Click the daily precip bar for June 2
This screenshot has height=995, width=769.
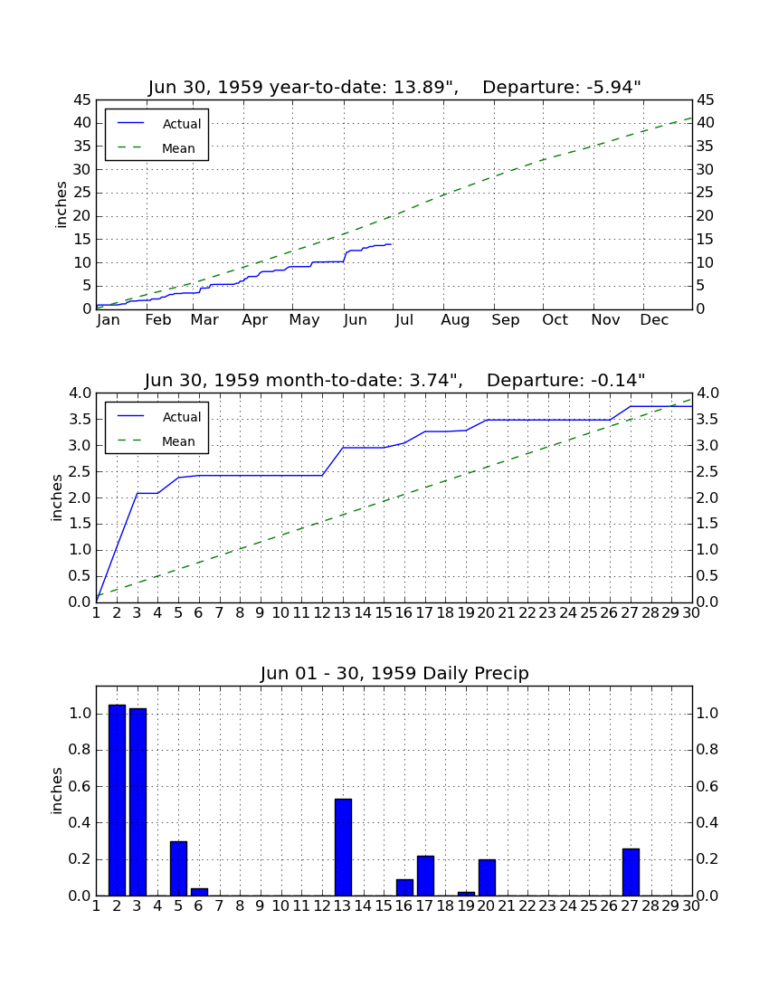pos(117,800)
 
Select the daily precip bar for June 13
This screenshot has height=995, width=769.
pos(343,848)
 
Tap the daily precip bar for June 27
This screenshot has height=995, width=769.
pos(631,872)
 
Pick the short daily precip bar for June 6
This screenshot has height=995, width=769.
pos(199,892)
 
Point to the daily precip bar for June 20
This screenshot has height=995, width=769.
pos(487,877)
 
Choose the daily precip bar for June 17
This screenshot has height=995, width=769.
pos(425,876)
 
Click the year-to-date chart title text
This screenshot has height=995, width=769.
pos(394,87)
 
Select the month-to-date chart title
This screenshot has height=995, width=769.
pos(394,380)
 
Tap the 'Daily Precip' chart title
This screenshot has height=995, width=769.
pos(394,673)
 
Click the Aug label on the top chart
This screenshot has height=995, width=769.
pos(455,320)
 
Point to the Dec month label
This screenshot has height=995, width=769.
pos(654,320)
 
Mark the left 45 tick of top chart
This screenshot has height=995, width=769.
pos(82,100)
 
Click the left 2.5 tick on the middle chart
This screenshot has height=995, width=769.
pos(80,471)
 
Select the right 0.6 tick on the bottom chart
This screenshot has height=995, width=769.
pos(707,786)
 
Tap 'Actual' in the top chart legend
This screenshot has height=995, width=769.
pos(182,125)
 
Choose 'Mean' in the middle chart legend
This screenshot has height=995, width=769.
pos(178,441)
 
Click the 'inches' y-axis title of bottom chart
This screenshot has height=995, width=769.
pos(56,791)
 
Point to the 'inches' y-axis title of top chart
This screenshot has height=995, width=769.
pos(61,204)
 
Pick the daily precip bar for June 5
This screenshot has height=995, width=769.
pos(178,868)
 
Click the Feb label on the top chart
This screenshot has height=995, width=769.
pos(158,320)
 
